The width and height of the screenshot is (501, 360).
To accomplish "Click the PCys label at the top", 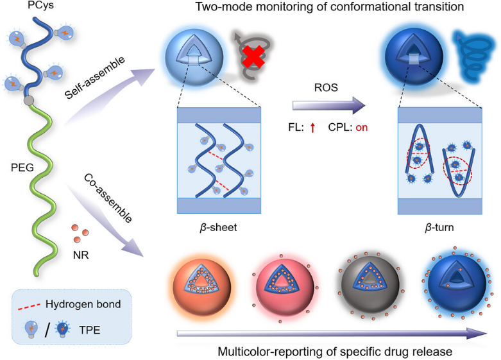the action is click(x=40, y=5).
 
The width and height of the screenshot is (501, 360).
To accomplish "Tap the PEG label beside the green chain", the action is click(x=22, y=167).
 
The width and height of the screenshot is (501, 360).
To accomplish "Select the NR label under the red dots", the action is click(x=81, y=255).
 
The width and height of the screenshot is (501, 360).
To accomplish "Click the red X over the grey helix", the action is click(x=253, y=57).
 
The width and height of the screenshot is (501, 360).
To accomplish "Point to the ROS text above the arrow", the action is click(x=326, y=87).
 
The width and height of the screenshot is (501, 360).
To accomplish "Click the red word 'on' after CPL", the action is click(x=362, y=128).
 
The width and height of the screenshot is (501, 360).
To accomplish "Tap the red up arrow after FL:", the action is click(x=312, y=128).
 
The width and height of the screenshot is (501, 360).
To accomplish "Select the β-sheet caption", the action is click(x=218, y=228).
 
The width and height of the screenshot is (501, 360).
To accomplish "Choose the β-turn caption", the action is click(x=439, y=228).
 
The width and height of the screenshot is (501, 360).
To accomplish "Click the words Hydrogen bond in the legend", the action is click(x=83, y=304).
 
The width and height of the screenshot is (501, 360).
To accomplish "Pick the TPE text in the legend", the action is click(x=89, y=330).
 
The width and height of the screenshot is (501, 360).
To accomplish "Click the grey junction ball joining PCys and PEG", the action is click(x=29, y=100).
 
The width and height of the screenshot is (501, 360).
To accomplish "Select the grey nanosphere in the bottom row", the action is click(x=370, y=284).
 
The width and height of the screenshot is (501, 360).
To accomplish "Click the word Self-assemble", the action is click(x=94, y=78).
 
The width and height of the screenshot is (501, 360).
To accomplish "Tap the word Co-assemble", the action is click(x=108, y=198).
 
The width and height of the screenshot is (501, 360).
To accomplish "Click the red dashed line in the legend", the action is click(x=29, y=306).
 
